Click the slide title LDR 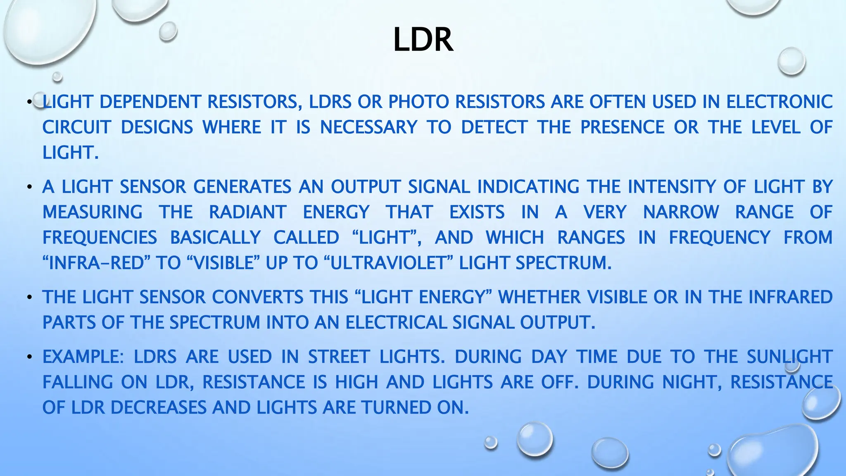click(x=423, y=40)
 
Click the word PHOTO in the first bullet click(x=418, y=102)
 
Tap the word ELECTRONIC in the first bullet click(x=779, y=102)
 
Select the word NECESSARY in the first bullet click(x=368, y=127)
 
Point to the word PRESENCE click(x=622, y=127)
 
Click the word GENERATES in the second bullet click(x=242, y=187)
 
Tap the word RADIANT click(x=247, y=212)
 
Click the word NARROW click(x=681, y=212)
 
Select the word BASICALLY click(x=215, y=238)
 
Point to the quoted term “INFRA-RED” click(x=97, y=263)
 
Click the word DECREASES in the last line click(x=158, y=408)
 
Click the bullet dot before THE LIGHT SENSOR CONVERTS click(x=29, y=298)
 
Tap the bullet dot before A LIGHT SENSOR click(x=29, y=188)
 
